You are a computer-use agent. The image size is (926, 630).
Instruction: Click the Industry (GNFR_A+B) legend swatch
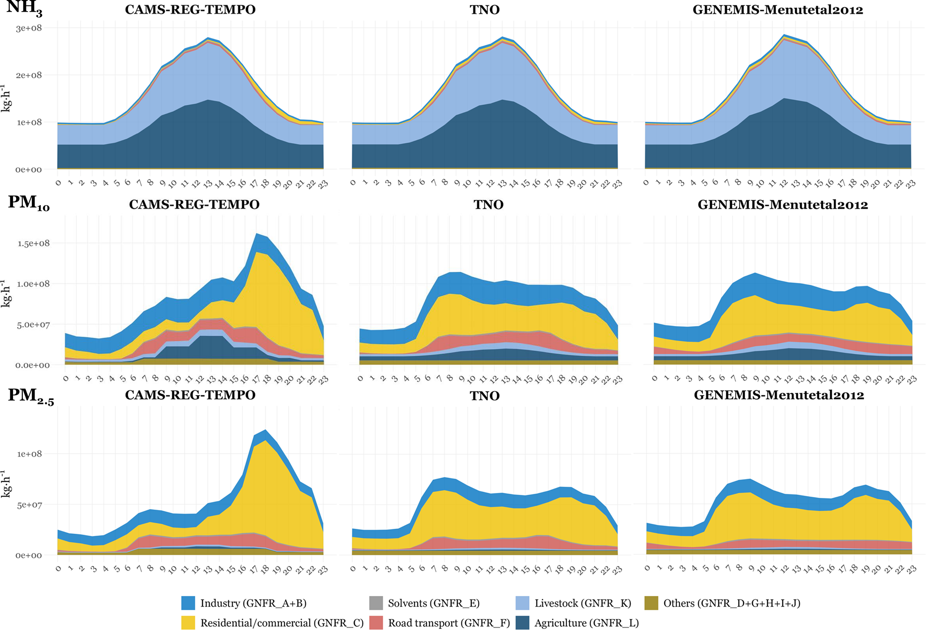pyautogui.click(x=188, y=603)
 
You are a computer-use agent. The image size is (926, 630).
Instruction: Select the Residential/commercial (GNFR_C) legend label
pyautogui.click(x=282, y=623)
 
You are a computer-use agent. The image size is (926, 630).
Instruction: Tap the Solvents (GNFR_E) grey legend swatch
pyautogui.click(x=376, y=603)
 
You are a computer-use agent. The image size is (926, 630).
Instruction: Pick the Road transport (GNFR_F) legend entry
pyautogui.click(x=448, y=623)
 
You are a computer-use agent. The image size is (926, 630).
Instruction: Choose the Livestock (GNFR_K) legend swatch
pyautogui.click(x=522, y=603)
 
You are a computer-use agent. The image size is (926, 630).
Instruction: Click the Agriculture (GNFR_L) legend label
pyautogui.click(x=586, y=623)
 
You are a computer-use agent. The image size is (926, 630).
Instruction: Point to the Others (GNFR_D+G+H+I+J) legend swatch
pyautogui.click(x=651, y=603)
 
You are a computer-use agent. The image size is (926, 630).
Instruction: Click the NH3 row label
pyautogui.click(x=24, y=9)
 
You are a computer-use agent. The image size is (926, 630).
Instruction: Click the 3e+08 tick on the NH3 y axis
pyautogui.click(x=29, y=28)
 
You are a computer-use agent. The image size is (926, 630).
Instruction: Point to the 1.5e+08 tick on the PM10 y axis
pyautogui.click(x=34, y=243)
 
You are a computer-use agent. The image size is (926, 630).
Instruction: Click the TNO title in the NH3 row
pyautogui.click(x=484, y=10)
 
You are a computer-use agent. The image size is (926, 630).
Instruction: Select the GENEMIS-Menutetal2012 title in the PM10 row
pyautogui.click(x=783, y=205)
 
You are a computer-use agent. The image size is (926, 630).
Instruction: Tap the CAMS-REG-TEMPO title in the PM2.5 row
pyautogui.click(x=190, y=395)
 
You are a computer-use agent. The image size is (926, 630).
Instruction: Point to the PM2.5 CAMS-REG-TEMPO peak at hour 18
pyautogui.click(x=266, y=430)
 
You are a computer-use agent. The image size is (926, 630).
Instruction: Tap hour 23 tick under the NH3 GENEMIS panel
pyautogui.click(x=911, y=183)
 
